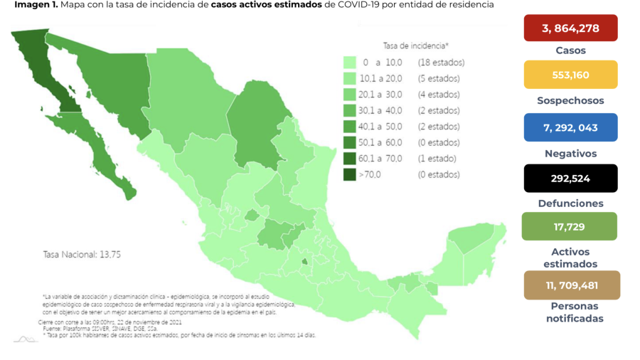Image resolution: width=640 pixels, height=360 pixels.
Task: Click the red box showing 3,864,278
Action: pos(570,28)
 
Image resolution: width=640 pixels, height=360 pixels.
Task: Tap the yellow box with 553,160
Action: pos(570,75)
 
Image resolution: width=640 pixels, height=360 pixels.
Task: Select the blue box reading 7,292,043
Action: pos(570,128)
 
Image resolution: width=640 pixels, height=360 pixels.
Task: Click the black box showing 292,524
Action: pos(570,179)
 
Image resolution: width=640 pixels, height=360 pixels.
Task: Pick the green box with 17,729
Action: pos(570,226)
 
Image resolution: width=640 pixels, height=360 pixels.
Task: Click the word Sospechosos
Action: pos(570,101)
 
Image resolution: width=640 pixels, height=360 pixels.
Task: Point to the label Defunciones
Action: pos(570,203)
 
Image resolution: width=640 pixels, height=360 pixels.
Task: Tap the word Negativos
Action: pos(570,154)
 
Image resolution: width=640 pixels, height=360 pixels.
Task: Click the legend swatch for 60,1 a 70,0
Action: pos(349,159)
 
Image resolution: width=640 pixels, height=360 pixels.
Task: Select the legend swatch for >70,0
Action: pos(349,174)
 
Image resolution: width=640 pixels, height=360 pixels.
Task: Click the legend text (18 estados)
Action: pos(441,63)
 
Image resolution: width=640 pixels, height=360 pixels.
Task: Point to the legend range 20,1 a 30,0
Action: pos(382,95)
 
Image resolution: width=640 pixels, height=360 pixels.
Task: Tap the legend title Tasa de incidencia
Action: pos(415,46)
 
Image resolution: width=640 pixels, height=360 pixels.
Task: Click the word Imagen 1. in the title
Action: pos(35,5)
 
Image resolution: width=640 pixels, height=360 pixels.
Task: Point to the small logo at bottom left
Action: pos(26,339)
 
